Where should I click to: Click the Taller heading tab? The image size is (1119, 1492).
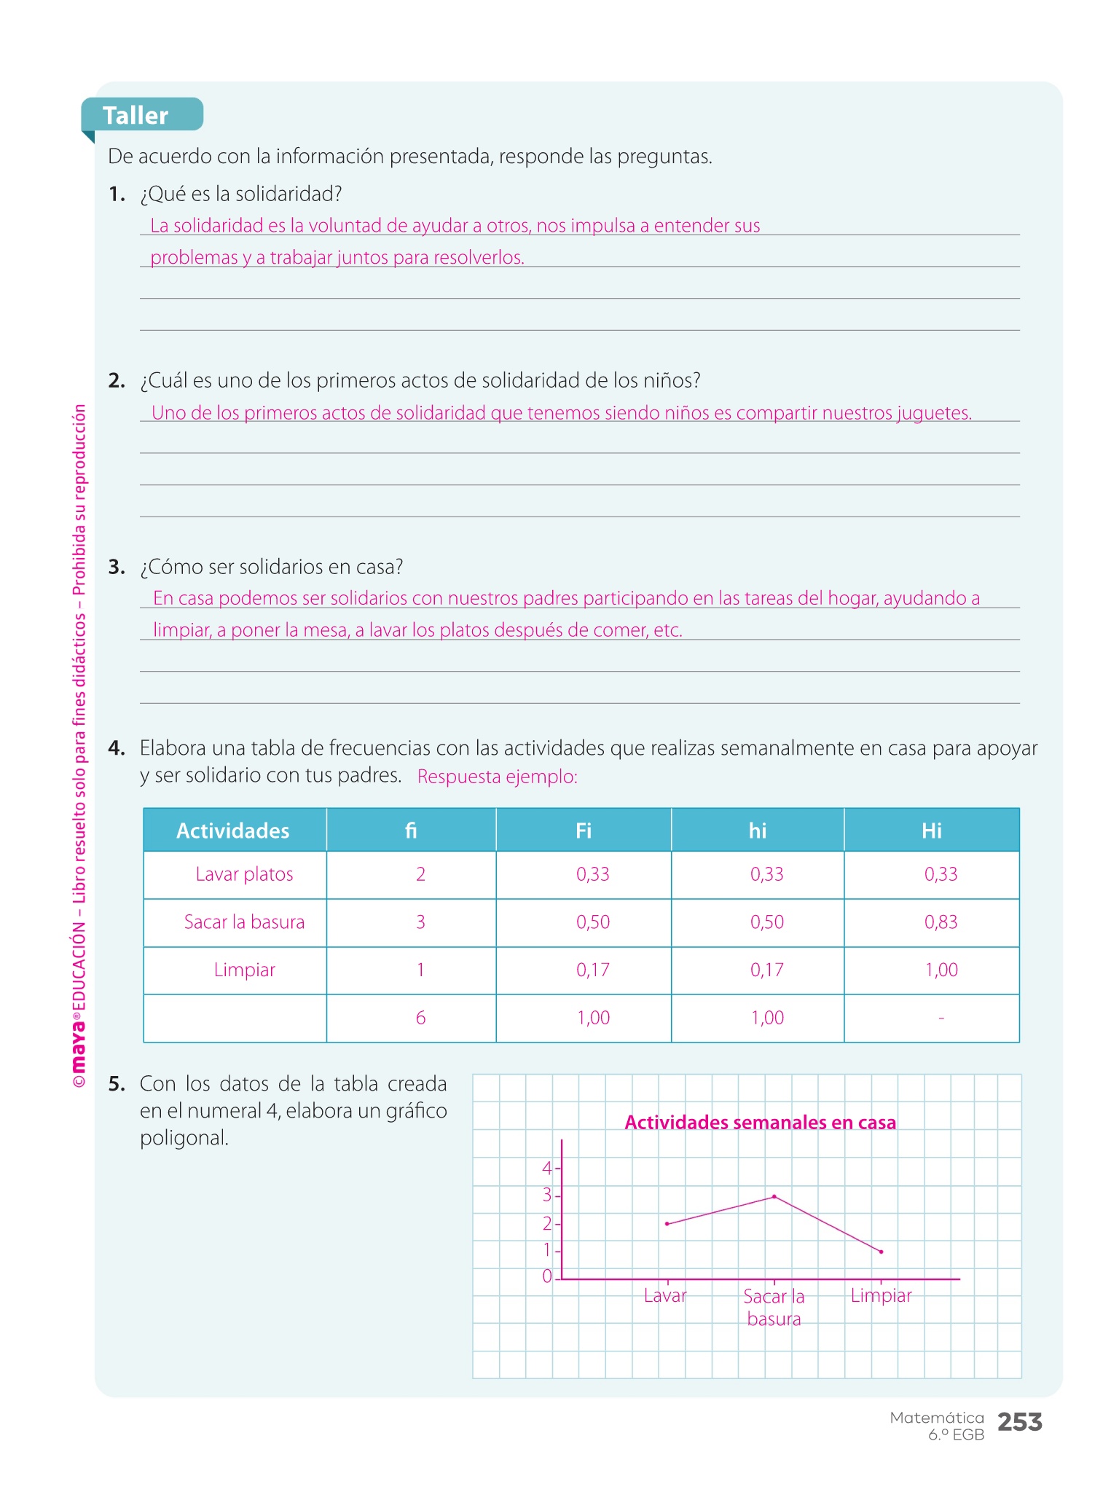click(136, 115)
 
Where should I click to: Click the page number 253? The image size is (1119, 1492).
click(1019, 1422)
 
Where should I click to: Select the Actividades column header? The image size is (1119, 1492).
click(233, 831)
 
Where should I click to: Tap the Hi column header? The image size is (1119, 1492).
click(932, 831)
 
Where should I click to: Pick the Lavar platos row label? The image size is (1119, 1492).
click(244, 874)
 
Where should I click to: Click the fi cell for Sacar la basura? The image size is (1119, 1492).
click(420, 922)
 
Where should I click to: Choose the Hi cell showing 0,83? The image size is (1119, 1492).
click(941, 922)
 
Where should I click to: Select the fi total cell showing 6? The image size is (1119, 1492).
click(420, 1018)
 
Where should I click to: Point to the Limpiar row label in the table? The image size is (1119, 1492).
click(244, 970)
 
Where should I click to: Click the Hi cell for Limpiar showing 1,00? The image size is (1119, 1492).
click(941, 970)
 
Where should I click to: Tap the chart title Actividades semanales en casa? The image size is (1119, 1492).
click(760, 1123)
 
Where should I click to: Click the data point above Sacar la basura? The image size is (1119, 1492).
click(774, 1196)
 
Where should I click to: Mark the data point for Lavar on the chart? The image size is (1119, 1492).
click(667, 1224)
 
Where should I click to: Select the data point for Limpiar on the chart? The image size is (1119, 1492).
click(882, 1252)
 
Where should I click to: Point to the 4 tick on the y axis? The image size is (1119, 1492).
click(548, 1169)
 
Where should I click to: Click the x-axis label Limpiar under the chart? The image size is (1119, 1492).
click(881, 1295)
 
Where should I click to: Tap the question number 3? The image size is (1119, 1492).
click(117, 567)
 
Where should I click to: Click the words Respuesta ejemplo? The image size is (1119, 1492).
click(497, 777)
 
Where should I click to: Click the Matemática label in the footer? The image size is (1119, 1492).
click(937, 1418)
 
